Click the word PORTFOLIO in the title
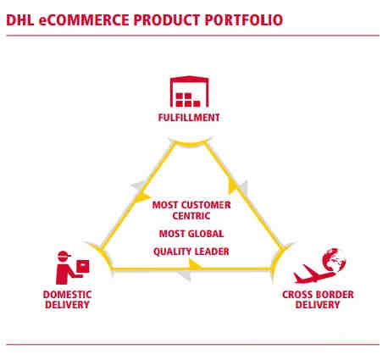point(243,20)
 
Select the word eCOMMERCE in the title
point(84,20)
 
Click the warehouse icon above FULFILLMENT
point(189,91)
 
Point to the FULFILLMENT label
point(189,118)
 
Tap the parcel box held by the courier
point(83,266)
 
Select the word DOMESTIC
point(67,295)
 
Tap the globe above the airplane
point(335,259)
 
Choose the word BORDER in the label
point(334,295)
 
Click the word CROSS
point(297,295)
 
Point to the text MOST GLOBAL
point(191,234)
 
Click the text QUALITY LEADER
point(191,252)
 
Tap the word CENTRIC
point(191,216)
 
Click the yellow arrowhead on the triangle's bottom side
point(195,265)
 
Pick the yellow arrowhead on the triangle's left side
point(142,197)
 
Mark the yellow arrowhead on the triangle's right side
point(232,186)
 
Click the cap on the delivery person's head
point(64,254)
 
